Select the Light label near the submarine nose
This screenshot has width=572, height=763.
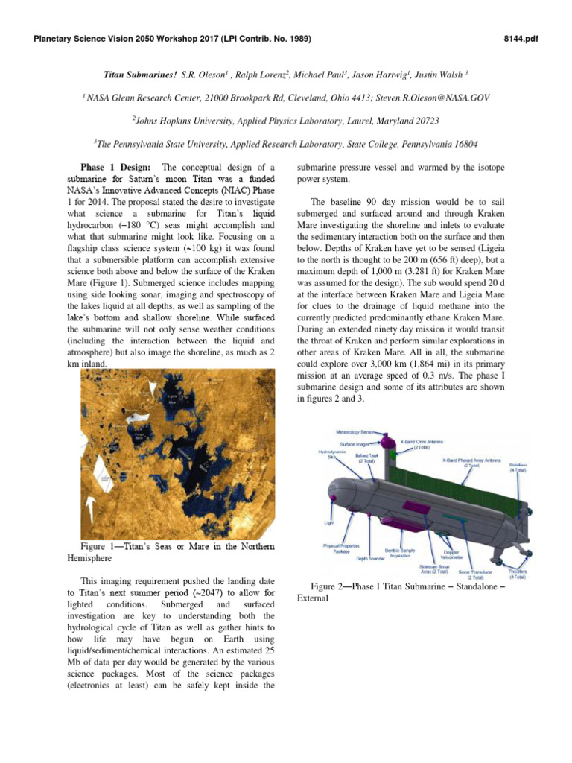(x=328, y=523)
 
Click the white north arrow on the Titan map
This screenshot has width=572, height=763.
(x=91, y=510)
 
